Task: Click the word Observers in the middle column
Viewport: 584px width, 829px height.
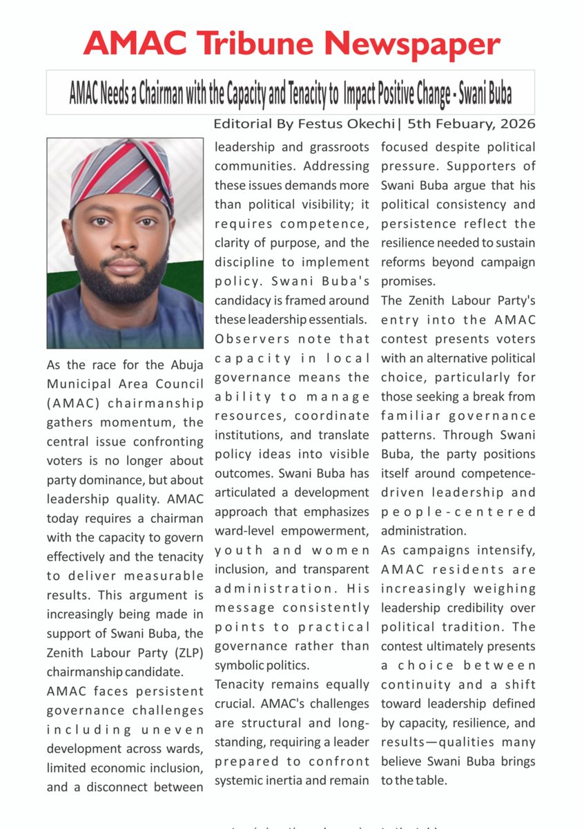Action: [246, 339]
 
